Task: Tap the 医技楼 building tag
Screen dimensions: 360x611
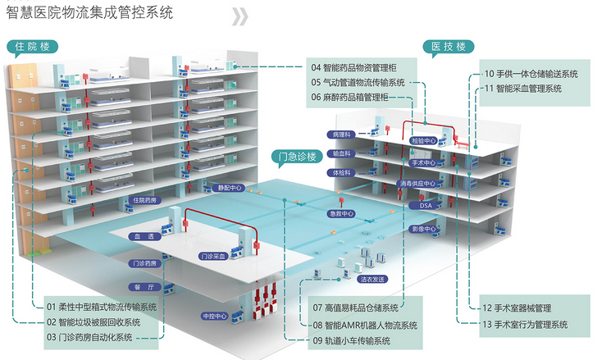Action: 448,47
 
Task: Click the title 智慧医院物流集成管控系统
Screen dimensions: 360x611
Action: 89,13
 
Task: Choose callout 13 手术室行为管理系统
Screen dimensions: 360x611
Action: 529,324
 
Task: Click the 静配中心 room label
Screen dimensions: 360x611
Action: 230,188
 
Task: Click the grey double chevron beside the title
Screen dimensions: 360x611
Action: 239,16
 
